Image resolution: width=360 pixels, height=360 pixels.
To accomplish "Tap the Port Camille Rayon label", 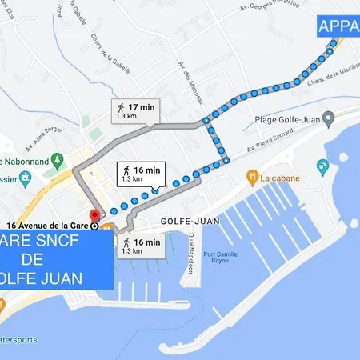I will (210, 257).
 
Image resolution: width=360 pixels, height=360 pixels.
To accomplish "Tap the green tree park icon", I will (86, 122).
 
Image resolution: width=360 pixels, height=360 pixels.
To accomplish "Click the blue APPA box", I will (338, 27).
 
